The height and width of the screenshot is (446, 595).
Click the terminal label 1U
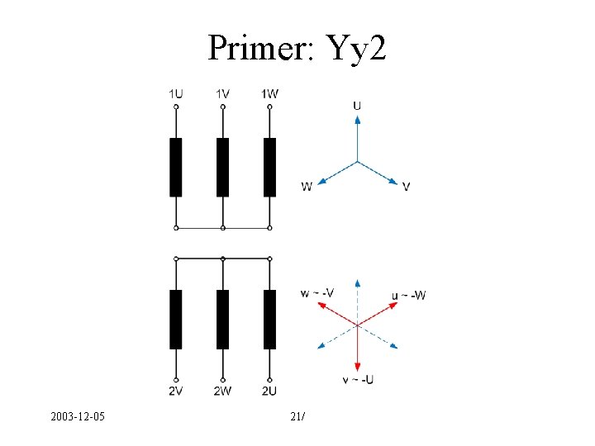tap(175, 94)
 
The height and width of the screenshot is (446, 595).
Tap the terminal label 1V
tap(222, 94)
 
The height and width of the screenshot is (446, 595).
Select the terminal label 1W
tap(269, 94)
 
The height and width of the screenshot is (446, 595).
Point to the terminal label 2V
tap(175, 391)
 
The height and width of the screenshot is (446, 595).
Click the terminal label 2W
tap(222, 391)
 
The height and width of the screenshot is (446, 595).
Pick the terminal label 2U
tap(269, 391)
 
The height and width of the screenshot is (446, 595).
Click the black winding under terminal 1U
tap(175, 168)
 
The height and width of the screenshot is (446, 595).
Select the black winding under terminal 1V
tap(222, 168)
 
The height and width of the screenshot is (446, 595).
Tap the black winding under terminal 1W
tap(269, 168)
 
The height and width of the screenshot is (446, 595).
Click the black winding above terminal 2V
tap(175, 320)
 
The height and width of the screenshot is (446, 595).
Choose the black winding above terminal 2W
tap(222, 320)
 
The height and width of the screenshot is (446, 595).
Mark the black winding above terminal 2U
tap(269, 320)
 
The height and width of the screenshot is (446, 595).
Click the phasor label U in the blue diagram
tap(357, 105)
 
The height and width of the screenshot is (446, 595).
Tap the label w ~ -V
tap(317, 292)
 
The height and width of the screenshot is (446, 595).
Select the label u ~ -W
tap(409, 296)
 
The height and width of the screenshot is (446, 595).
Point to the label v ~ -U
tap(357, 379)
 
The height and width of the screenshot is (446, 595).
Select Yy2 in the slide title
tap(356, 50)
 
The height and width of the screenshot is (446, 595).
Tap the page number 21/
tap(298, 418)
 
